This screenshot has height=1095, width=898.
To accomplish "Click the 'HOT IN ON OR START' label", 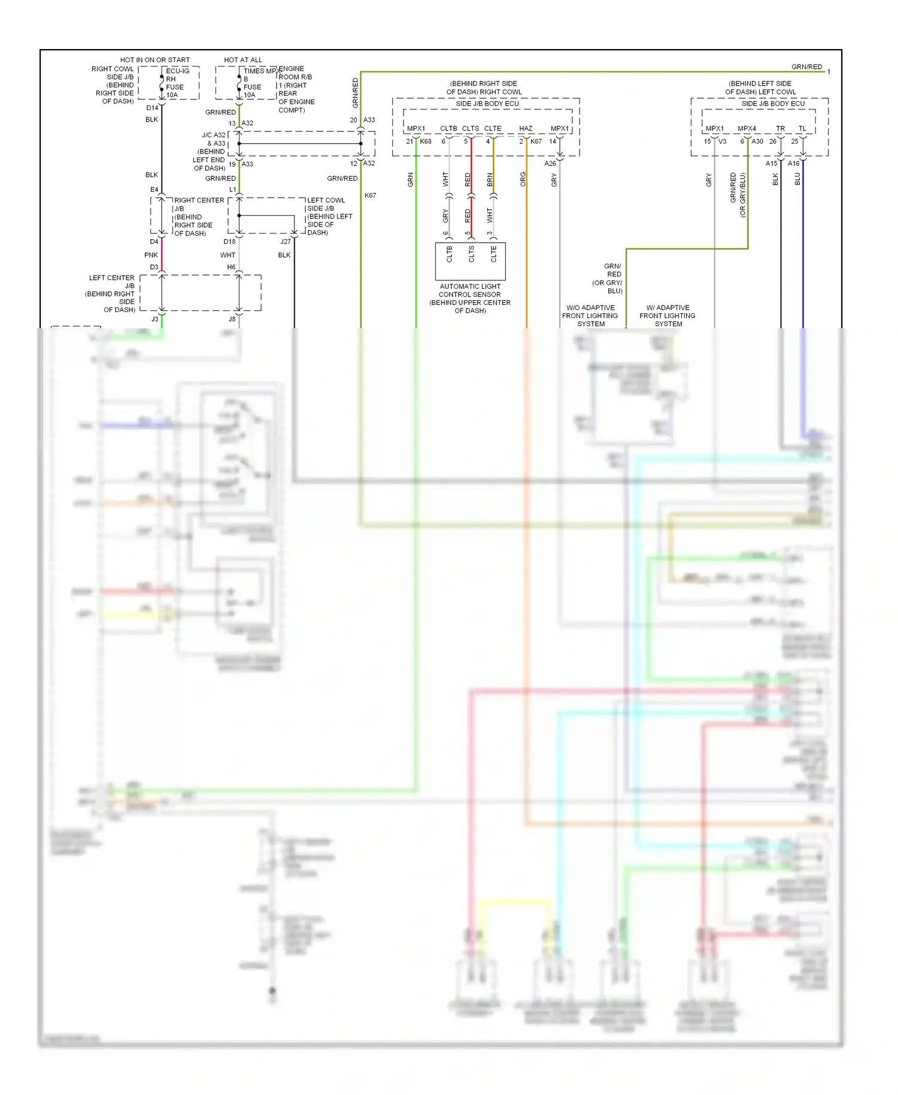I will pos(154,60).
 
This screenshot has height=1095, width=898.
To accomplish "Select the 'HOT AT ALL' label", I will pos(243,60).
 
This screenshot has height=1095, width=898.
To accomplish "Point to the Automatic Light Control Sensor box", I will pos(470,261).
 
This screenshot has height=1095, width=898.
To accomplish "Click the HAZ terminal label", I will pos(526,129).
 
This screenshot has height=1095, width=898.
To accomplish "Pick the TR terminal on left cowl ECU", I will pos(780,129).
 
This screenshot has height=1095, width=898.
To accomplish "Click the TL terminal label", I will pos(802,129).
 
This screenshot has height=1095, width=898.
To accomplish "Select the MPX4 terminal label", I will pos(747,129).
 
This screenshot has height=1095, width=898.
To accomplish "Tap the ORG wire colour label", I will pos(523,179).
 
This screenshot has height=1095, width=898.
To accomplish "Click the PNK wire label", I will pos(151,255).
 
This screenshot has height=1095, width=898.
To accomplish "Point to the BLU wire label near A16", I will pos(797,179).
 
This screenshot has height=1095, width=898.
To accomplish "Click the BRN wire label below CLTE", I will pos(490,179).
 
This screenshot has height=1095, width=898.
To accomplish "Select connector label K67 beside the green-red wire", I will pos(370,196).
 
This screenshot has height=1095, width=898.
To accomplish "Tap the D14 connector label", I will pos(152,108).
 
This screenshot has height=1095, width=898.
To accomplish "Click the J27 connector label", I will pos(286,242).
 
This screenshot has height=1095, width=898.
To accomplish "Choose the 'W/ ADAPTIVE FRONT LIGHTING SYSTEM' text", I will pos(668,316).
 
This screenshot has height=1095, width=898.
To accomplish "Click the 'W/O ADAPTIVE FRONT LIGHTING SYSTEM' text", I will pos(590,316).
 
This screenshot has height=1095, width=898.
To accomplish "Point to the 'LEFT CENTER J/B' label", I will pos(112,282).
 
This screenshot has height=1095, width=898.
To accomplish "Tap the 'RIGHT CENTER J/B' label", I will pos(199,204).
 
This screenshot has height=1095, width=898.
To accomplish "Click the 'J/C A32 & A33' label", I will pos(214,139).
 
